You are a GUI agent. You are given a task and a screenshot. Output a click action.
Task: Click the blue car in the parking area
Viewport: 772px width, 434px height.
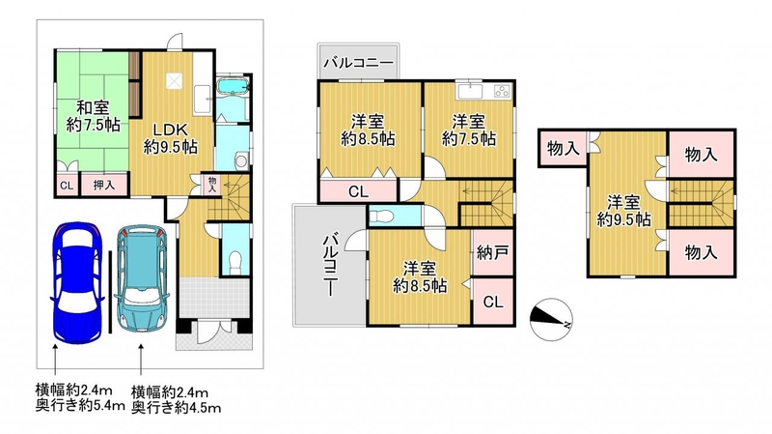pos(77,281)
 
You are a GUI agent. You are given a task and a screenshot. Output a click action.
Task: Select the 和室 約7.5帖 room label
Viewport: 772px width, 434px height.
pos(93,116)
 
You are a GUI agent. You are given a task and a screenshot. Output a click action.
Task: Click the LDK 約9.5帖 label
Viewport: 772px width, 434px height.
pos(171,138)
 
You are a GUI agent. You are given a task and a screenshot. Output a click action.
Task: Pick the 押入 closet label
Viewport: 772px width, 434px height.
pos(104,185)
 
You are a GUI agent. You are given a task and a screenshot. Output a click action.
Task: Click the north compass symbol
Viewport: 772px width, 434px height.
pos(551,320)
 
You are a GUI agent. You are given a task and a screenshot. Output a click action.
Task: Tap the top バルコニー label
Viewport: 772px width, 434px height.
pos(358,63)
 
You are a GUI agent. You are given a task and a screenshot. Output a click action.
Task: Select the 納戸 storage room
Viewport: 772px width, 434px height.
pos(492,253)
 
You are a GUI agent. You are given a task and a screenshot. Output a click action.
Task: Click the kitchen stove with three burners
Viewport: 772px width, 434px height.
pos(502,91)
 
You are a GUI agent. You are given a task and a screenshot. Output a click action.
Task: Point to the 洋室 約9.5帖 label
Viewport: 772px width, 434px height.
pos(623,211)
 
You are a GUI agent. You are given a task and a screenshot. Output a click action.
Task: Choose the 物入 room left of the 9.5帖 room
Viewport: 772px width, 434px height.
pos(563,148)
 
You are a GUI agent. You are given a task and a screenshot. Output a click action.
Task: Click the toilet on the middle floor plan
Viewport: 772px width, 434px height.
pos(379,217)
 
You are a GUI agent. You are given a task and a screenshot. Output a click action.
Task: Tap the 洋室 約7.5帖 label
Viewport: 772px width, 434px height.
pos(469,130)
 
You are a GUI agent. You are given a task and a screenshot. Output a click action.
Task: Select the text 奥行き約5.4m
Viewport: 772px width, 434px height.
pos(80,406)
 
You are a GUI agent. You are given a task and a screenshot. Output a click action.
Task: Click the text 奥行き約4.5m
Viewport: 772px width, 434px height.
pos(177,407)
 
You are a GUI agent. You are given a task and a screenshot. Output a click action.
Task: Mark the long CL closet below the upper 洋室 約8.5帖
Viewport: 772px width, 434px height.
pos(358,191)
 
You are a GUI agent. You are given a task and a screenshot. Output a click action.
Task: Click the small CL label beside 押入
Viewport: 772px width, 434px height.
pos(67,186)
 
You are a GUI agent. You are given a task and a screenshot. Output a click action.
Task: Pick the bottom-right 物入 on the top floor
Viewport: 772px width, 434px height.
pos(702,252)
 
